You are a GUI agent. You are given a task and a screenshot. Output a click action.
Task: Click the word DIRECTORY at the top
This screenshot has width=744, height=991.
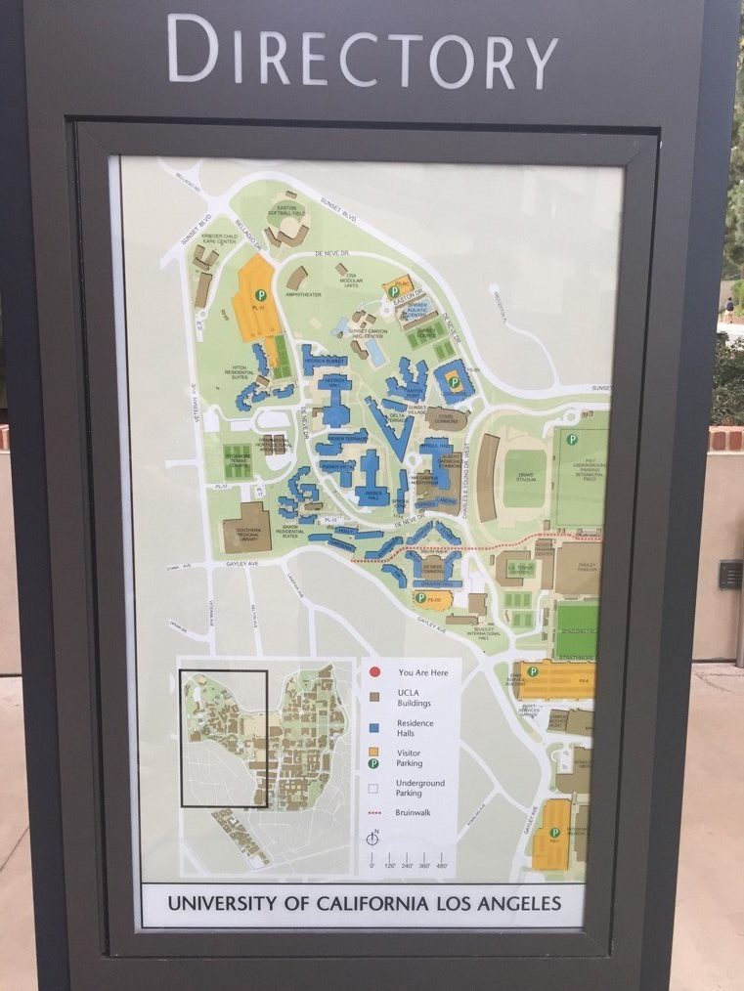[x=363, y=52]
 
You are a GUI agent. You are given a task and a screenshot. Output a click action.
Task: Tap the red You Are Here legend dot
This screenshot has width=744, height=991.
[x=375, y=671]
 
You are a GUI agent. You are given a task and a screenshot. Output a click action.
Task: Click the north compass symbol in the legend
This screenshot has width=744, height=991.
[x=372, y=838]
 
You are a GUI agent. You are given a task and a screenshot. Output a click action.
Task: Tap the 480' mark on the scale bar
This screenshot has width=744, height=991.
[x=442, y=865]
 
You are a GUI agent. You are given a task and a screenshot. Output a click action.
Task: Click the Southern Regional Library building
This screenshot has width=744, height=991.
[x=246, y=528]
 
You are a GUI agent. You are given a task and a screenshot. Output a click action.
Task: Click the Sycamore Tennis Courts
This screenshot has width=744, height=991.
[x=238, y=461]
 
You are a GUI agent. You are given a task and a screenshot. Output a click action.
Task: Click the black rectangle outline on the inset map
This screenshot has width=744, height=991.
[x=224, y=738]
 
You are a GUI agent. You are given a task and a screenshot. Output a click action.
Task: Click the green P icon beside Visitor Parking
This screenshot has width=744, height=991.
[x=375, y=758]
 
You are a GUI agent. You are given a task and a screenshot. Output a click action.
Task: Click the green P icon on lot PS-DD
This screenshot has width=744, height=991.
[x=419, y=597]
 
